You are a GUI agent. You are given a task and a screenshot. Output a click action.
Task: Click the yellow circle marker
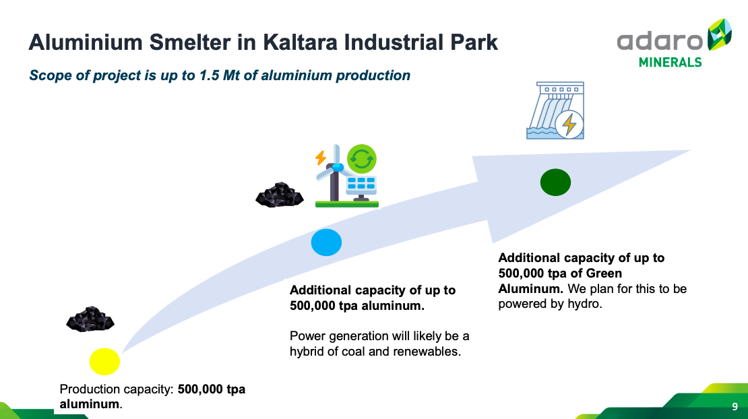point(104,361)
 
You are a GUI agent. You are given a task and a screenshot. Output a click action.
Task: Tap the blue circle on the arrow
point(326,242)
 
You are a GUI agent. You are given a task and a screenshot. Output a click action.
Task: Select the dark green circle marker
point(555,182)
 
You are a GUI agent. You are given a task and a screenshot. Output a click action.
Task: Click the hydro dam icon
point(555,110)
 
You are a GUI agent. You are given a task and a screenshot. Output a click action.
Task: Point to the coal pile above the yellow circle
point(90,319)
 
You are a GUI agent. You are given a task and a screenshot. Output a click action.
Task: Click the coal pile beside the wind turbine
point(280,195)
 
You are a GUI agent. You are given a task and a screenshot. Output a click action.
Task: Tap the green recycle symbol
point(362,159)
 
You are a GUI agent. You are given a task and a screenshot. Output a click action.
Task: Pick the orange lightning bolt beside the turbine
point(321,158)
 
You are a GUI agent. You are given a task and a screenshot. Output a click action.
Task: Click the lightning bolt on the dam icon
point(569,125)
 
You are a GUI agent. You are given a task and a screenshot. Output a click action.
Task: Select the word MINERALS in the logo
point(671,63)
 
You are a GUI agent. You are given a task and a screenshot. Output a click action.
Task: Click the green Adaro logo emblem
point(720,34)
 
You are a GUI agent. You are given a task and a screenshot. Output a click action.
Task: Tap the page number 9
point(735,407)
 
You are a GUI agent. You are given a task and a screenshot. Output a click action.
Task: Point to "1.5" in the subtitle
point(209,75)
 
